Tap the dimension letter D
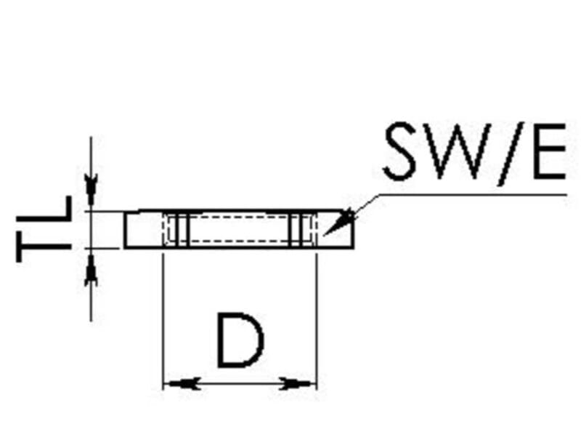pos(240,340)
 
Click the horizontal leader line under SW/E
pos(472,194)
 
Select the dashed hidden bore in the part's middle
pos(240,230)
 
